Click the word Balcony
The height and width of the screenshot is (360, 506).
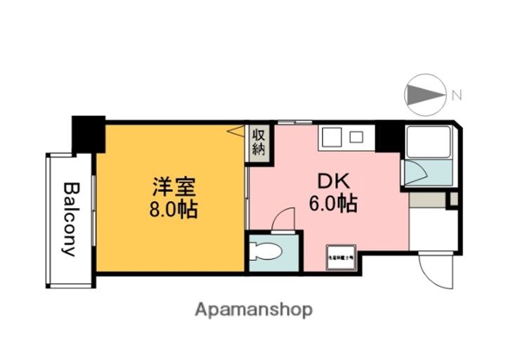(70, 219)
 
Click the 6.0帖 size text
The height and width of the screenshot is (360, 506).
(332, 204)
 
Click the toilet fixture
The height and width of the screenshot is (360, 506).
(266, 252)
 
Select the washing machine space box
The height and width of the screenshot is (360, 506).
(340, 257)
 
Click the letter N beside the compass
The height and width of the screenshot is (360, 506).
(456, 94)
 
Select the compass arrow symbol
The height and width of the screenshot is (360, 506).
(426, 94)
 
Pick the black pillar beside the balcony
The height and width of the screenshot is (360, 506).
(88, 133)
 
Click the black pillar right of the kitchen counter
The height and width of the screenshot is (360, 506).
(387, 136)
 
